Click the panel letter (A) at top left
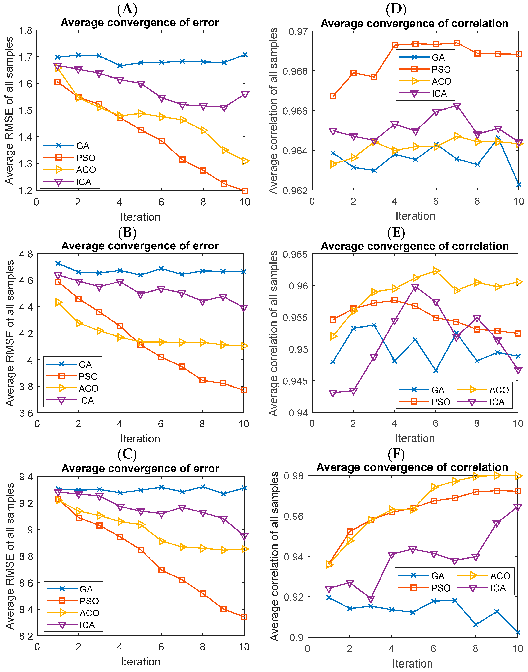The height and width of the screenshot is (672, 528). (127, 9)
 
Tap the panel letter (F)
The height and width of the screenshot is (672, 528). (396, 454)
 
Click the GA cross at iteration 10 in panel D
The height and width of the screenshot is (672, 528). (519, 185)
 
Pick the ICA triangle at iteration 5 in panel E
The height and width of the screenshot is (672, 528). (415, 288)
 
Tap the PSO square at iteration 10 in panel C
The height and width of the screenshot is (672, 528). (244, 617)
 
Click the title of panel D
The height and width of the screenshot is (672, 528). (414, 24)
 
